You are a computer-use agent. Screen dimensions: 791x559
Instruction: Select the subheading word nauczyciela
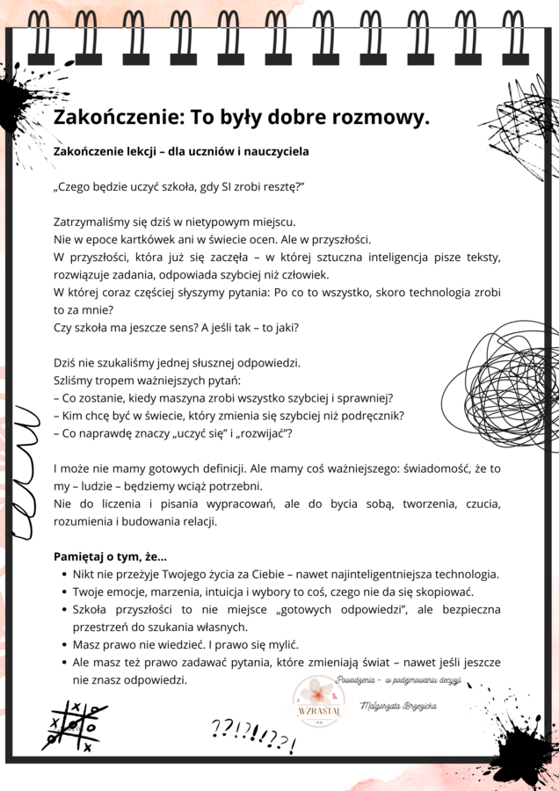click(272, 151)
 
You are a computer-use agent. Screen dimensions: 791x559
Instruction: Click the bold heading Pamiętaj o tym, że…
click(110, 556)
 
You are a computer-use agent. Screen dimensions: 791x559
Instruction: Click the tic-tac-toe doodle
click(77, 726)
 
